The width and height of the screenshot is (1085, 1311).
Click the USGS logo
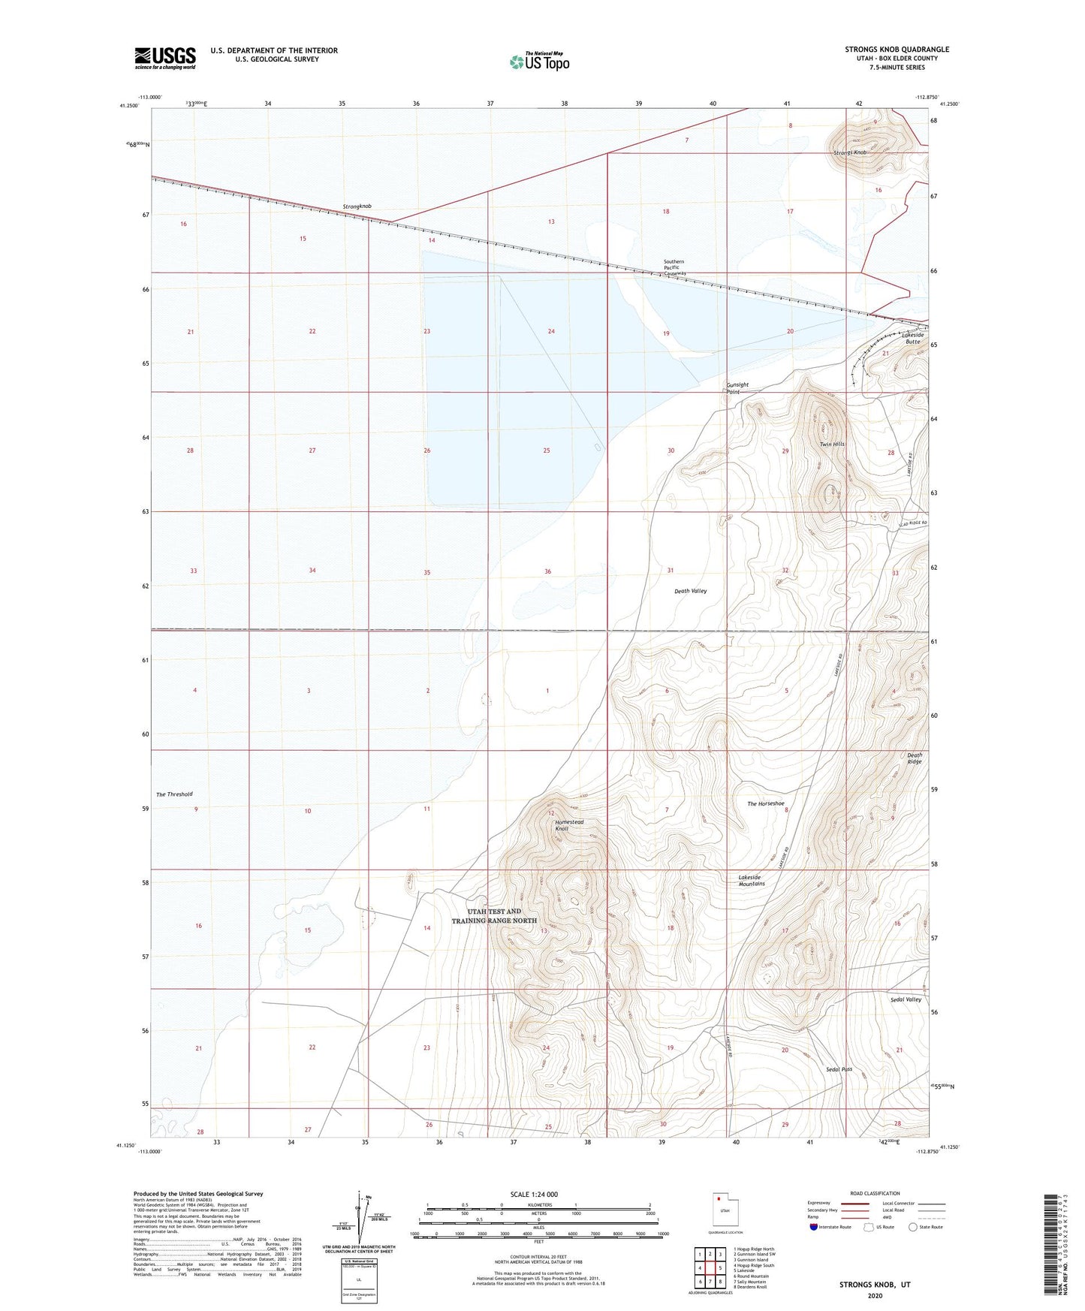[x=165, y=58]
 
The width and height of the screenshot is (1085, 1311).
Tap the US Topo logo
[x=539, y=62]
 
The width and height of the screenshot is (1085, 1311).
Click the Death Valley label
[x=690, y=591]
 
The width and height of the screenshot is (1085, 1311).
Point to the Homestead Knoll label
[x=569, y=825]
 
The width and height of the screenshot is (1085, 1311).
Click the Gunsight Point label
[x=737, y=388]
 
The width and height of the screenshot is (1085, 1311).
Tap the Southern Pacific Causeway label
[x=674, y=268]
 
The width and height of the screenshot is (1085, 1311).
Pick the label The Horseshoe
[x=766, y=804]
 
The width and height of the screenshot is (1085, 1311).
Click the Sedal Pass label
[x=839, y=1069]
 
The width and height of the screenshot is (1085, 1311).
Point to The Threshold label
[x=174, y=794]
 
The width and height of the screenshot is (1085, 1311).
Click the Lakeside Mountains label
[x=751, y=881]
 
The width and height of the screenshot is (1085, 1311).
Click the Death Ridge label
[x=914, y=758]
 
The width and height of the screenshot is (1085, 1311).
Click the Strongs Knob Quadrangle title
[x=897, y=50]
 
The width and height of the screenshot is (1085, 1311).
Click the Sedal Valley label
[x=906, y=1000]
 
